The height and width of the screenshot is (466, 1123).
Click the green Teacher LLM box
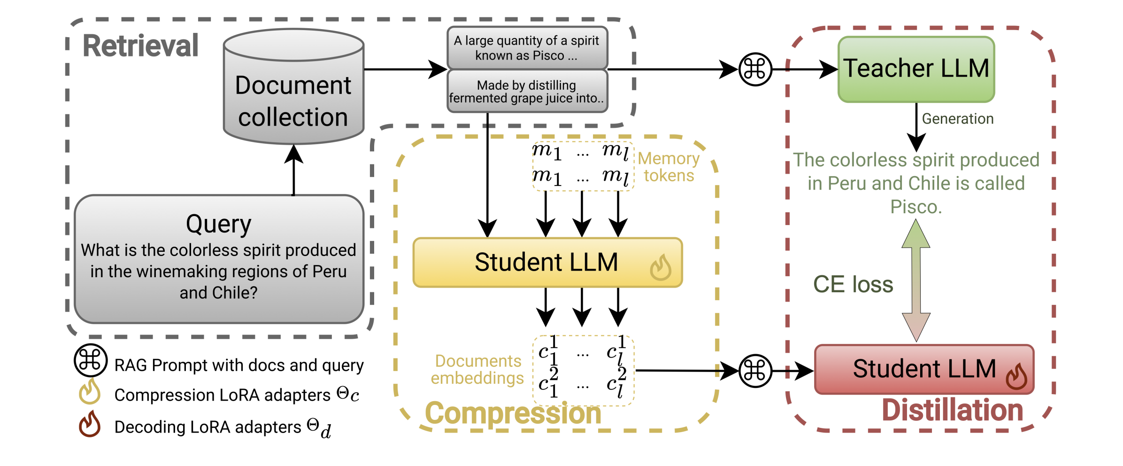[x=915, y=69]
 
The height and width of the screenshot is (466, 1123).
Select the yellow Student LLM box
[x=547, y=262]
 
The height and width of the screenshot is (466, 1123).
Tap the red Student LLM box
[x=923, y=369]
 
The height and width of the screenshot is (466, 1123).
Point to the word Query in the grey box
[x=218, y=224]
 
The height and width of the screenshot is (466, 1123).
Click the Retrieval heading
[x=140, y=46]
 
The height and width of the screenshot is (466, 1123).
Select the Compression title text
[x=513, y=413]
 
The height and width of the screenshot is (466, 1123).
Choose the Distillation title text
[x=952, y=410]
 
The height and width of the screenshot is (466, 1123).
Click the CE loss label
[x=853, y=284]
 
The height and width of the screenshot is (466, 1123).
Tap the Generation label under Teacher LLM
[x=957, y=119]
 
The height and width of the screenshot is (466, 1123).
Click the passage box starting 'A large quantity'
[x=527, y=48]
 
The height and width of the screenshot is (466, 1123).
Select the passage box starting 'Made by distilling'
[x=527, y=92]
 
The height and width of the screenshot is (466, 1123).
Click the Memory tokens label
[x=669, y=167]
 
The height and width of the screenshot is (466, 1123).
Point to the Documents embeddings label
[x=477, y=369]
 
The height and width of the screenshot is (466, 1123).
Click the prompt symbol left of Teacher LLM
[x=755, y=70]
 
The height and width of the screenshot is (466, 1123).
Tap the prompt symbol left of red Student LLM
[x=755, y=371]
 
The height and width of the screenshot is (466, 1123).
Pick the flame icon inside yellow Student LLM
[x=660, y=268]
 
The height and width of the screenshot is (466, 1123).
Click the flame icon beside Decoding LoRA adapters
[x=89, y=424]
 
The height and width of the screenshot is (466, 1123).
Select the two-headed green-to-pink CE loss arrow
[x=915, y=280]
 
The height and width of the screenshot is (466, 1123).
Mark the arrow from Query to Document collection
[x=294, y=169]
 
